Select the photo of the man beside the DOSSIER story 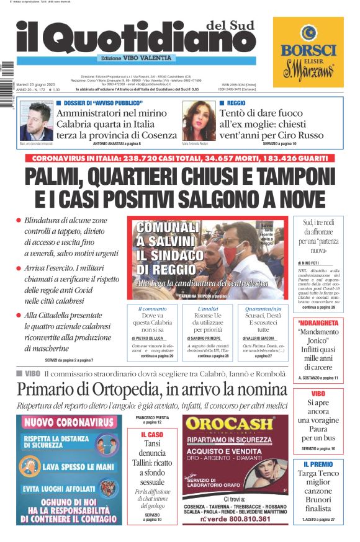36,120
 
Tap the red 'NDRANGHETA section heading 318,323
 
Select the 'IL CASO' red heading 151,435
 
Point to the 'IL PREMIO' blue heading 318,464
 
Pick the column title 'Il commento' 152,308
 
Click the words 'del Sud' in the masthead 231,24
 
